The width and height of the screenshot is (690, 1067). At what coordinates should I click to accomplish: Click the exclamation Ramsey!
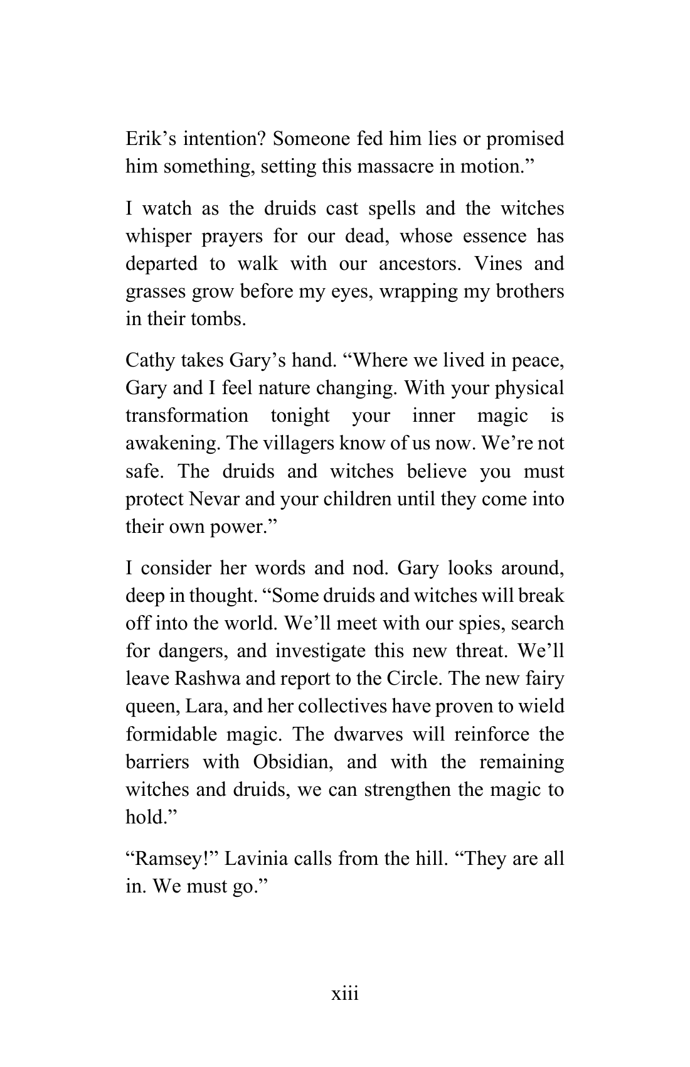pos(171,858)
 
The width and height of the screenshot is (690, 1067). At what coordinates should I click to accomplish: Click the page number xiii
pos(345,994)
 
